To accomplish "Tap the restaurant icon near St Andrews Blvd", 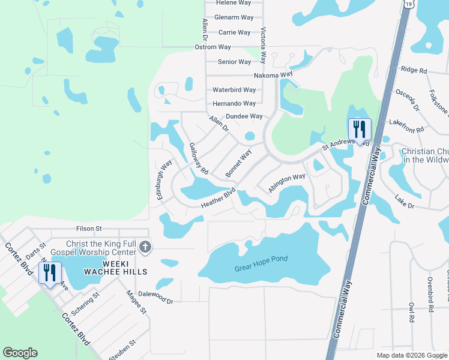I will click(x=360, y=130).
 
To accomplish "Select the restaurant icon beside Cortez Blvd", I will click(x=50, y=272).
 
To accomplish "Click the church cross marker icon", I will click(x=145, y=247).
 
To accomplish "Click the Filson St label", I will click(x=89, y=229).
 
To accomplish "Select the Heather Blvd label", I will click(x=218, y=200).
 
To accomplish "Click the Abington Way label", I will click(x=286, y=182).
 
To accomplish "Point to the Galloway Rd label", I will click(x=198, y=158).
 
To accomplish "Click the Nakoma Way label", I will click(x=256, y=75).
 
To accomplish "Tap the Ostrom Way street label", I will click(x=212, y=47).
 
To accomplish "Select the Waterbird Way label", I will click(x=234, y=90).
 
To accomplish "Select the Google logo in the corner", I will click(x=20, y=353).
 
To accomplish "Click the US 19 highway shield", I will click(x=408, y=4).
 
